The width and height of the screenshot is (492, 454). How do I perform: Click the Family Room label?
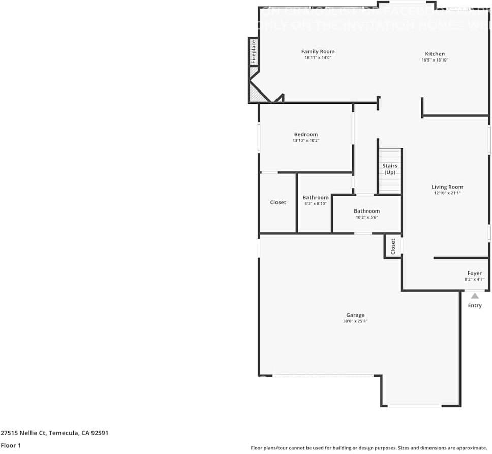pos(318,51)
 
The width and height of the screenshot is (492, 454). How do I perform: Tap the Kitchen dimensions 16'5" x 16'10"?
pos(435,60)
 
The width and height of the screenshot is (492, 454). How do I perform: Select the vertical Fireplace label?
pos(253,51)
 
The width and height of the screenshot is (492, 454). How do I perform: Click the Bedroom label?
pos(305,134)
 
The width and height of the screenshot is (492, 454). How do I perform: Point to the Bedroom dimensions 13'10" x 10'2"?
pos(305,141)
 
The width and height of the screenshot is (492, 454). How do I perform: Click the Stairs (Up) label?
pos(390,169)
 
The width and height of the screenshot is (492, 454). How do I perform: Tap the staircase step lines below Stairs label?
pos(390,184)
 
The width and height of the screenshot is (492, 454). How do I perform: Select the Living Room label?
pos(447,187)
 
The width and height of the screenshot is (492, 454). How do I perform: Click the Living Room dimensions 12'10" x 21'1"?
pos(447,193)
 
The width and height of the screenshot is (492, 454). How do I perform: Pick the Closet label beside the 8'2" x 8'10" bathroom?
pos(278,202)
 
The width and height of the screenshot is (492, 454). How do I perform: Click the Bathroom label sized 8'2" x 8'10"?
pos(316,197)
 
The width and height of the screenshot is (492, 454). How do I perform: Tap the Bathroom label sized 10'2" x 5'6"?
pos(366,210)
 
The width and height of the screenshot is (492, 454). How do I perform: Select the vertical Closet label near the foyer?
pos(393,247)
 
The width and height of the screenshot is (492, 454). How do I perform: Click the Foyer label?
pos(474,273)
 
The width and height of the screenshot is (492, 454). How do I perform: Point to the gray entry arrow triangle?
pos(474,296)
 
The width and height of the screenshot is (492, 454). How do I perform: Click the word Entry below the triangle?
pos(474,306)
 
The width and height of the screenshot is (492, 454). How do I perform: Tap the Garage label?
pos(355,315)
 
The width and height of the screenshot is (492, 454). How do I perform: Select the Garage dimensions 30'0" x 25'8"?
pos(355,321)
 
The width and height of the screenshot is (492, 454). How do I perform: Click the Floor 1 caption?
pos(11,445)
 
